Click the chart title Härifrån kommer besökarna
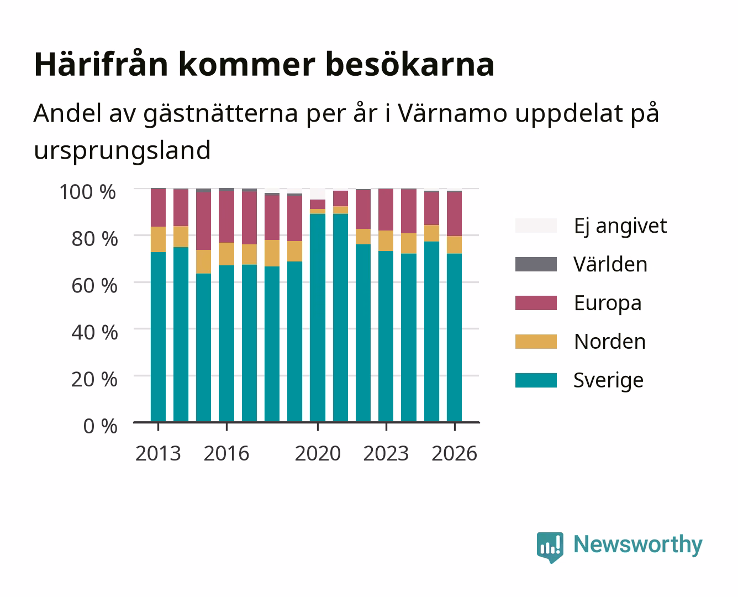(x=264, y=65)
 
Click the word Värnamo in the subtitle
(x=453, y=114)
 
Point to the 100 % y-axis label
(x=87, y=192)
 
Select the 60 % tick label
(x=94, y=286)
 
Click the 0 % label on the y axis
(x=100, y=426)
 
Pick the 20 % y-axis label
(x=94, y=379)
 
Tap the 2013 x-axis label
(x=158, y=453)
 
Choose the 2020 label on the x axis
(x=318, y=453)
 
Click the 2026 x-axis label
(x=454, y=453)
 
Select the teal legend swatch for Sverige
(x=536, y=380)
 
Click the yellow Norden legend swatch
(x=536, y=342)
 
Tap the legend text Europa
(x=608, y=303)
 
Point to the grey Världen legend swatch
(x=536, y=264)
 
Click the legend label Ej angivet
(x=620, y=226)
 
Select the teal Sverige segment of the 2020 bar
(x=318, y=318)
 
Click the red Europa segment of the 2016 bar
(x=226, y=217)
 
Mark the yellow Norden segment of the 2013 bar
(x=158, y=239)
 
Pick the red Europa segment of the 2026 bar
(x=454, y=214)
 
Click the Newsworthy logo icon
(x=550, y=547)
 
